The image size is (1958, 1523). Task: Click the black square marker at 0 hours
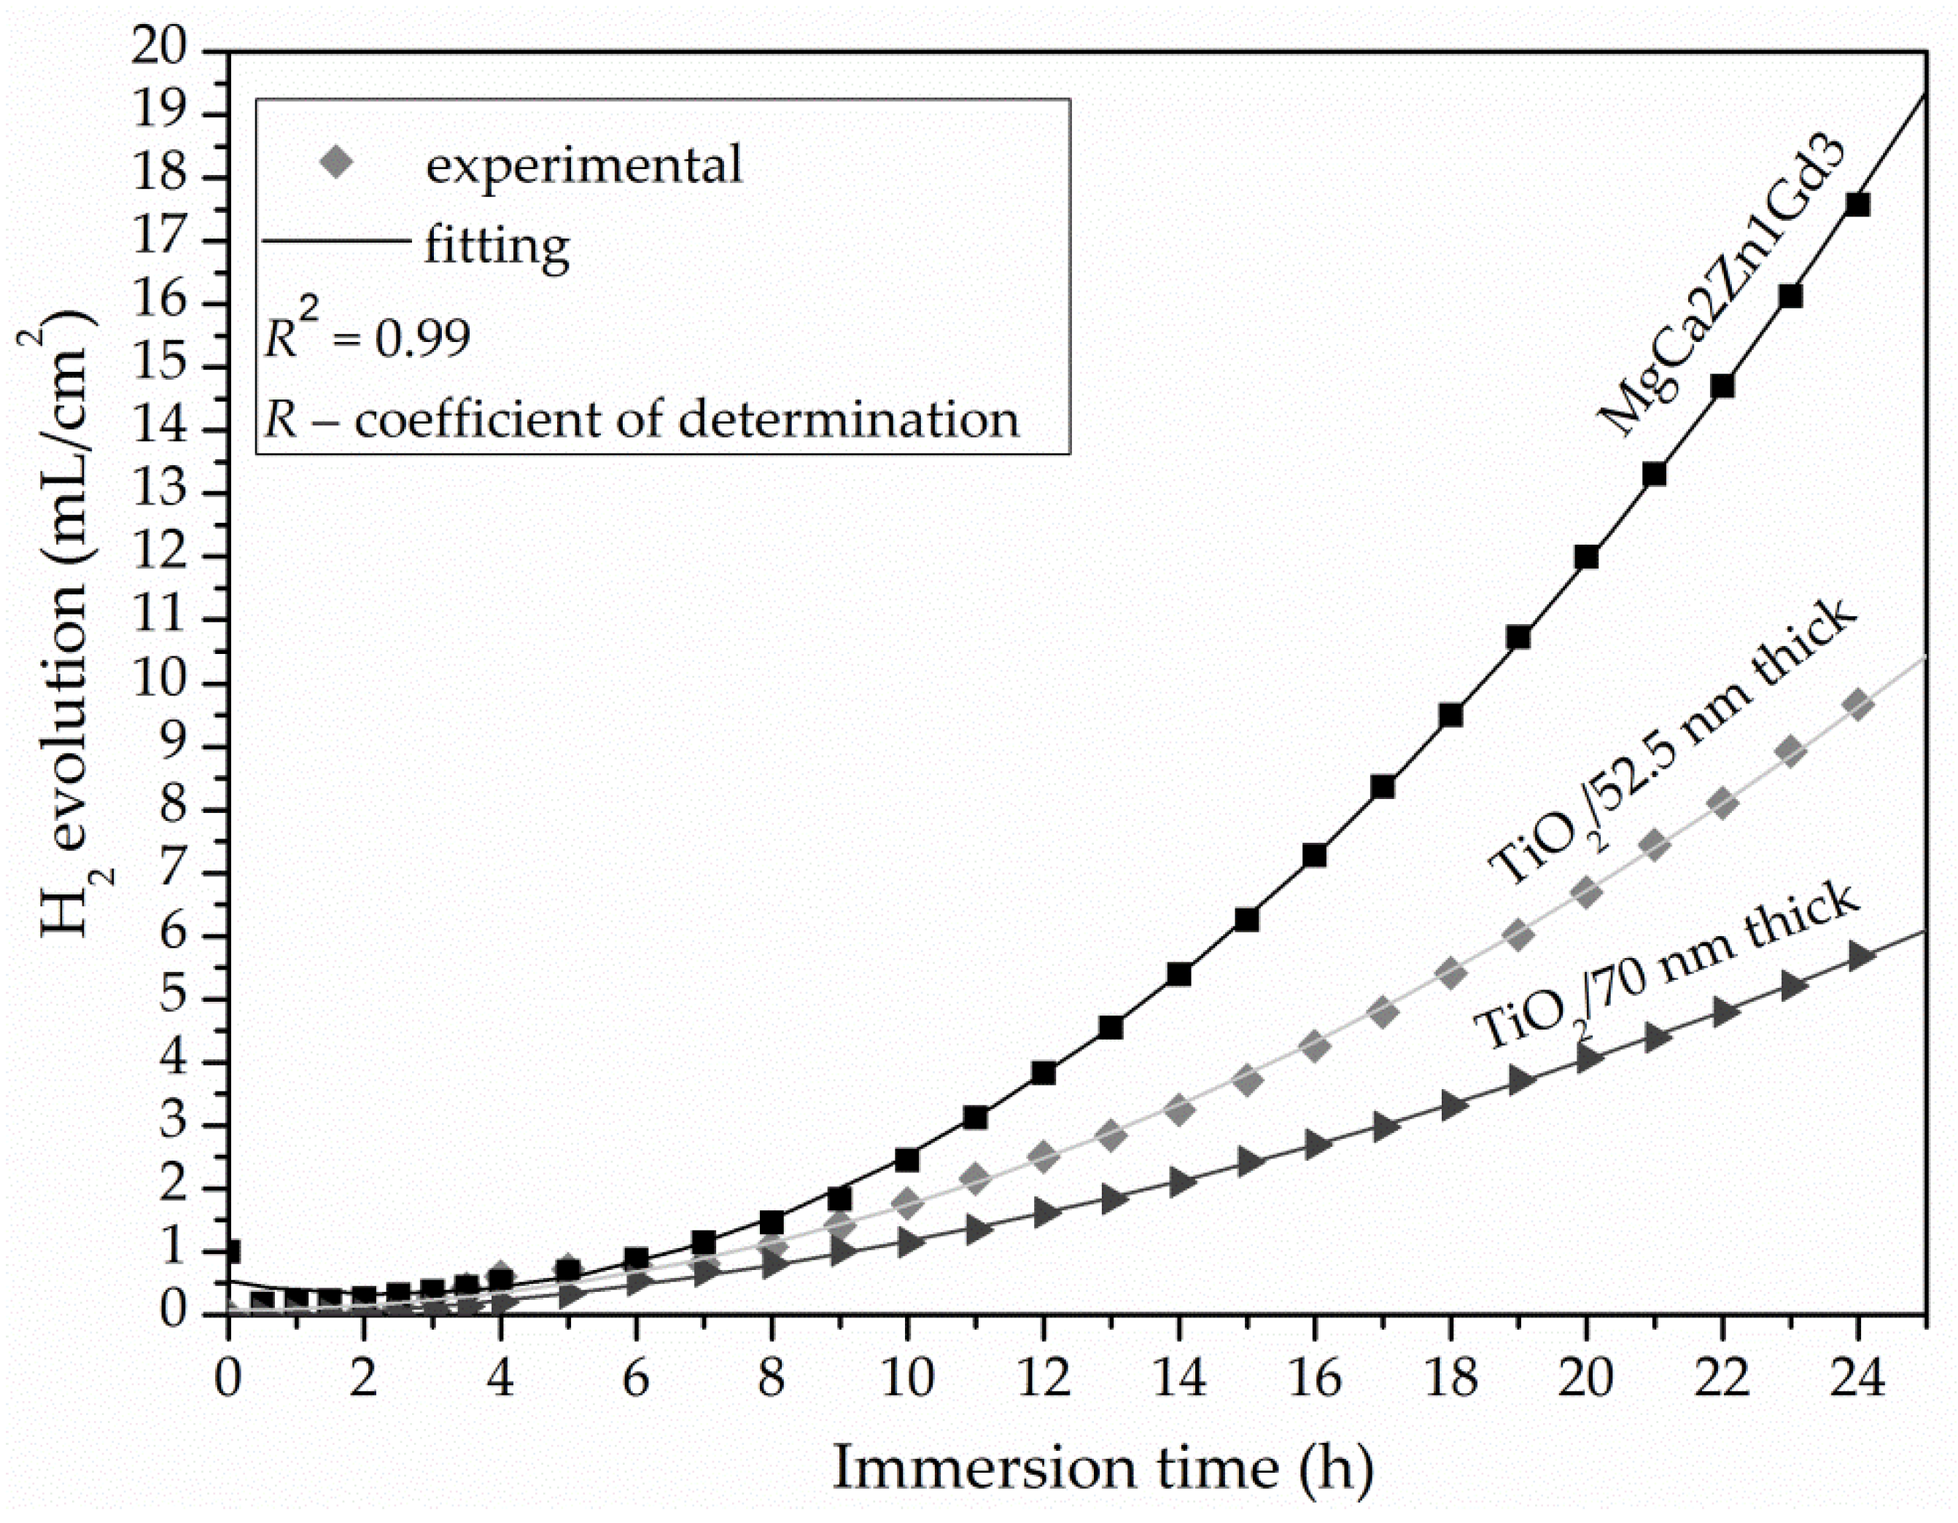coord(231,1251)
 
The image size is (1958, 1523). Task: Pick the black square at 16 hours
coord(1314,855)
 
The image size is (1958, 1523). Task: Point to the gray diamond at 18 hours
coord(1450,973)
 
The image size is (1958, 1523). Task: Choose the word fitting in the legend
coord(497,244)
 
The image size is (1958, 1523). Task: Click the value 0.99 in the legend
coord(422,339)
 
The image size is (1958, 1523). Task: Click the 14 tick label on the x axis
coord(1178,1378)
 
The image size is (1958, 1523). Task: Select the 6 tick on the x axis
coord(636,1378)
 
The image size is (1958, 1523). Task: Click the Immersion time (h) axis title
coord(1103,1468)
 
